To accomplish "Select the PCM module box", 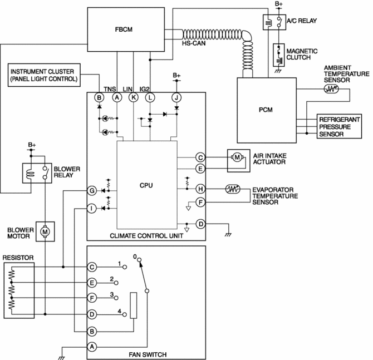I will point(266,110).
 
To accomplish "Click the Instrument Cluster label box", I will point(45,75).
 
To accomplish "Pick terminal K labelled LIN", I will point(134,97).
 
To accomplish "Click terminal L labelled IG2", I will point(150,97).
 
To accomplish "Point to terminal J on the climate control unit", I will point(176,97).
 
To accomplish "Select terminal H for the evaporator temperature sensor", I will point(201,189).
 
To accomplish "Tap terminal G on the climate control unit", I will point(92,190).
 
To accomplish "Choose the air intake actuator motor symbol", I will point(237,157).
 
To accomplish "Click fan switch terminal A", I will point(92,346).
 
